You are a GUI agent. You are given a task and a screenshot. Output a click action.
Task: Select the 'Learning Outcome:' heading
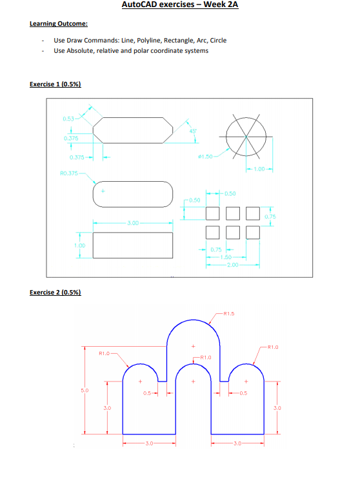pos(59,24)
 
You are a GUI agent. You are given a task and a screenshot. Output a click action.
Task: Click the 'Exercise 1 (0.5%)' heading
pos(55,84)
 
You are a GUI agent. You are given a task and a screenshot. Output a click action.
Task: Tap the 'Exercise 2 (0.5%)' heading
pos(55,292)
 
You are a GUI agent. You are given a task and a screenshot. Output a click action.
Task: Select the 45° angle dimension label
pos(192,131)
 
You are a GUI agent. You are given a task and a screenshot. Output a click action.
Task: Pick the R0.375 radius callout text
pos(68,173)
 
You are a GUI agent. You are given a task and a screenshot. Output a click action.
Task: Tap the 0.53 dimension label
pos(68,119)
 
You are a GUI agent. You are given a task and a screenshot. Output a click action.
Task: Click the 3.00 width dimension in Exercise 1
pos(132,223)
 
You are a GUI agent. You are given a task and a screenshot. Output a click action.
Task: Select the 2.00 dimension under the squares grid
pos(233,264)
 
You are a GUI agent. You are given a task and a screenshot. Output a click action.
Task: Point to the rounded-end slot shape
pos(133,194)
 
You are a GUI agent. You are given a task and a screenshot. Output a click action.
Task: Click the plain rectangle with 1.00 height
pos(133,244)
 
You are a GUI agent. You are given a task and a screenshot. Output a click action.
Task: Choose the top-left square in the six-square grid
pos(212,211)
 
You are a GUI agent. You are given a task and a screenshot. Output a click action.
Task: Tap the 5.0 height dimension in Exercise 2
pos(84,390)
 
